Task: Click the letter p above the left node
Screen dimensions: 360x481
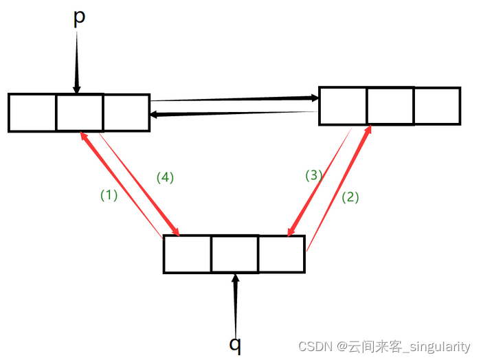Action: coord(79,19)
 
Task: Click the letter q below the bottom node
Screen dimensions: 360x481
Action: coord(236,344)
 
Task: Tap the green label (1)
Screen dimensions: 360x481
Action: coord(109,195)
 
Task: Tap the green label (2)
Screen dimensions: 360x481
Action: coord(350,197)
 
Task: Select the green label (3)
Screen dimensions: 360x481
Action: coord(313,175)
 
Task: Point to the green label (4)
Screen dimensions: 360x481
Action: coord(165,177)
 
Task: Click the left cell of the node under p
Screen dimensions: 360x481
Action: coord(32,113)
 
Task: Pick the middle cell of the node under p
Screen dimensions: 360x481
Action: coord(79,113)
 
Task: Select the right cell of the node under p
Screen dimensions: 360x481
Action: coord(126,113)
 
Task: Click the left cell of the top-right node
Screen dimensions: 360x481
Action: coord(343,106)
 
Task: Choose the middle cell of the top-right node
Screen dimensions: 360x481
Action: coord(390,106)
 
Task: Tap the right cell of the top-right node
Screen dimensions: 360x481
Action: coord(437,106)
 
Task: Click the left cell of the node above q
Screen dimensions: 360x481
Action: coord(187,254)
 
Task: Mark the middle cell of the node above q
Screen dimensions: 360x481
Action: coord(234,254)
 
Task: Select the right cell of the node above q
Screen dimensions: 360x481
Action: coord(281,254)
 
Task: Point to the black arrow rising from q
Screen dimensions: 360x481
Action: coord(236,302)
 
